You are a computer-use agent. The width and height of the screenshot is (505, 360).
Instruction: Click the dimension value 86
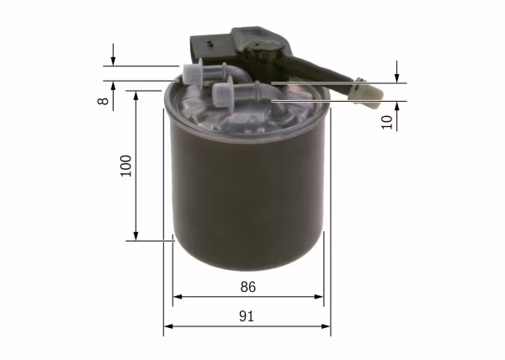click(247, 286)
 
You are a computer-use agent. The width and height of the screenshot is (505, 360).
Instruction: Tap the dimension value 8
click(102, 101)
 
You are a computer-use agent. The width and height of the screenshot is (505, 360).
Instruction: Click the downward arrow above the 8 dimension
click(113, 61)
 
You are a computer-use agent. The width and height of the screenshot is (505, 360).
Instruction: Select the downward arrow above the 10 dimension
click(396, 77)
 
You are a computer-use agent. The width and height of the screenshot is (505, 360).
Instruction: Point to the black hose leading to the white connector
click(324, 72)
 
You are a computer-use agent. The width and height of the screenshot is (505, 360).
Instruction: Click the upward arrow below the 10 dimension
click(396, 107)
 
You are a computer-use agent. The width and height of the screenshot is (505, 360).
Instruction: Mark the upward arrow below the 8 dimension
click(113, 86)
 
